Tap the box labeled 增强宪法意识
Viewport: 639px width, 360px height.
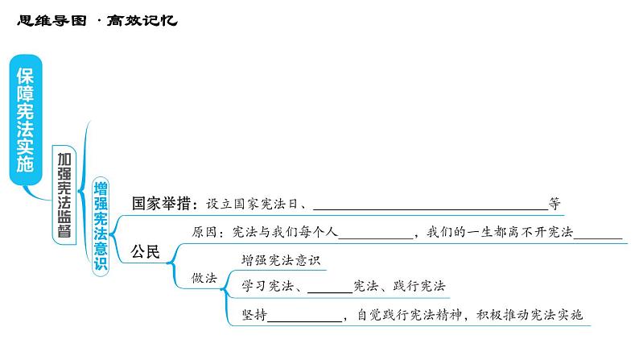click(100, 228)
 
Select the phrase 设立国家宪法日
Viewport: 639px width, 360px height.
click(251, 204)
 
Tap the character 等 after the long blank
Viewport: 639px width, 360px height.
click(554, 204)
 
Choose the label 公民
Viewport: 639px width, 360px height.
click(146, 251)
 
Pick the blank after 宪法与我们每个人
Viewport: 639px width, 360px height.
click(377, 235)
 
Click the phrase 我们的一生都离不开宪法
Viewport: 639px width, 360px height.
click(496, 232)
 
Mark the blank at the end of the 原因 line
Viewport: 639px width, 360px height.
click(600, 235)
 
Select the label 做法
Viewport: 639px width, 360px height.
click(204, 277)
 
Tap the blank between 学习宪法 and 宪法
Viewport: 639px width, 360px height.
click(329, 290)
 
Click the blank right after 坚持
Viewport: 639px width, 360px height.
click(304, 319)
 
